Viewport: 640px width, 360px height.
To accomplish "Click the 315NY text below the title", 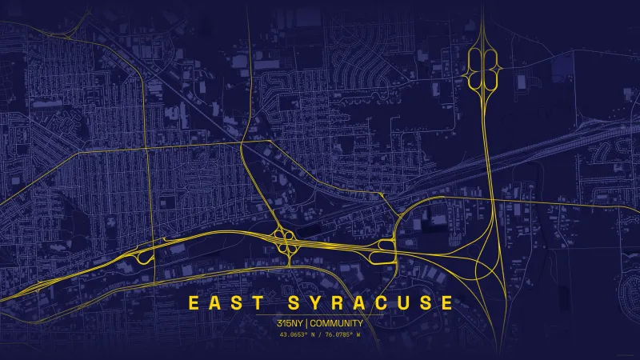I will (289, 323).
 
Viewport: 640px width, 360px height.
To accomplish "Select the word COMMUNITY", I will (336, 323).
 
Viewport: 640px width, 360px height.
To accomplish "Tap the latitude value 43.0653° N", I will (298, 334).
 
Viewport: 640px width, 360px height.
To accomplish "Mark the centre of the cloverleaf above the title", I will (285, 242).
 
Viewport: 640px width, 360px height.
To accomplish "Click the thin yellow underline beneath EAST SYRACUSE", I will (320, 314).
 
